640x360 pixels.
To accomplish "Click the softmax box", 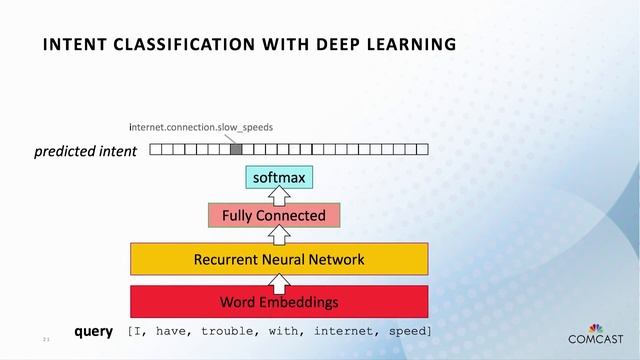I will pos(279,178).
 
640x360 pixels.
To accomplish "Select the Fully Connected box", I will pos(273,215).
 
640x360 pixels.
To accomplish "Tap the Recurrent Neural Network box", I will pos(279,260).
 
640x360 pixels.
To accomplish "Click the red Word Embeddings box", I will pos(279,301).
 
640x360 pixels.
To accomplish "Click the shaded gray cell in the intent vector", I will pos(236,150).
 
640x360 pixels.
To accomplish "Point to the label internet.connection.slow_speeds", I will pos(201,128).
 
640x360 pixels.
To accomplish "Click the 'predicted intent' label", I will pos(85,153).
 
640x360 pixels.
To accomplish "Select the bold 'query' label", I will pos(93,331).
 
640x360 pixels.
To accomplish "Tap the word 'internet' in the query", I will pos(343,331).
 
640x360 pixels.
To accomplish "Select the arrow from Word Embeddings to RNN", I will pos(280,280).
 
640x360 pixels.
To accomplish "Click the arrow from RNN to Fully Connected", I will pos(280,236).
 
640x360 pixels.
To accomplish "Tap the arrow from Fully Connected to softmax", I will pos(280,196).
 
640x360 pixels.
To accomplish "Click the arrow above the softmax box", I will pos(280,161).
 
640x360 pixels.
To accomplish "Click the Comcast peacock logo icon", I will pos(597,327).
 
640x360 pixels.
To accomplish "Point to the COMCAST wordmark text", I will pos(596,340).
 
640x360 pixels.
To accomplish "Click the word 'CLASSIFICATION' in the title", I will pos(170,44).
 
